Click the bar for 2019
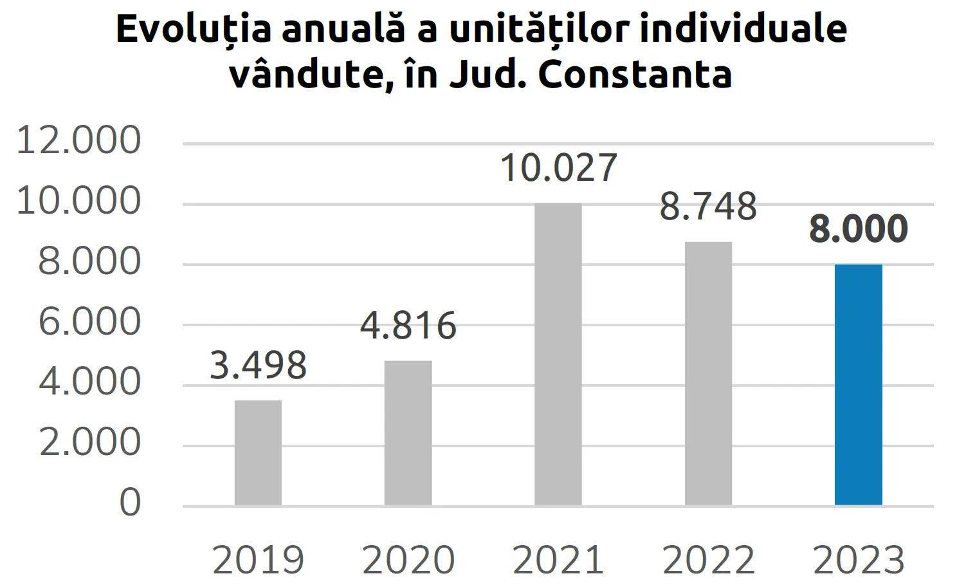(258, 452)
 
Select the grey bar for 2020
(408, 432)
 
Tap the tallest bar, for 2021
(558, 354)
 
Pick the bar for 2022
(708, 373)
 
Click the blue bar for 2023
(858, 384)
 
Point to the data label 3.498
(258, 366)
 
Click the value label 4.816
(408, 326)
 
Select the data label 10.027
(558, 168)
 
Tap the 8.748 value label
(708, 207)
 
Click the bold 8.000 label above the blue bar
(858, 228)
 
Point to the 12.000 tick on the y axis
(78, 140)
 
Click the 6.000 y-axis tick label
(89, 322)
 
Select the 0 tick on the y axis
(130, 503)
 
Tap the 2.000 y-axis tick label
(89, 442)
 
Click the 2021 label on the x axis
(558, 560)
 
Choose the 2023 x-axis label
(858, 560)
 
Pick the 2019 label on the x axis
(258, 560)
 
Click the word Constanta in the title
(635, 75)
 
